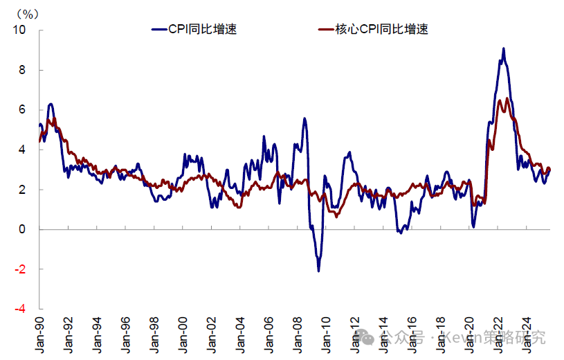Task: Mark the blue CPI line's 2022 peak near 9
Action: pos(504,48)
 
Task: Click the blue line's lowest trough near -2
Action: pos(319,271)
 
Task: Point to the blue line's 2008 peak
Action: pos(304,118)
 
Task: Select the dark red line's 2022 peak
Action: pos(507,98)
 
